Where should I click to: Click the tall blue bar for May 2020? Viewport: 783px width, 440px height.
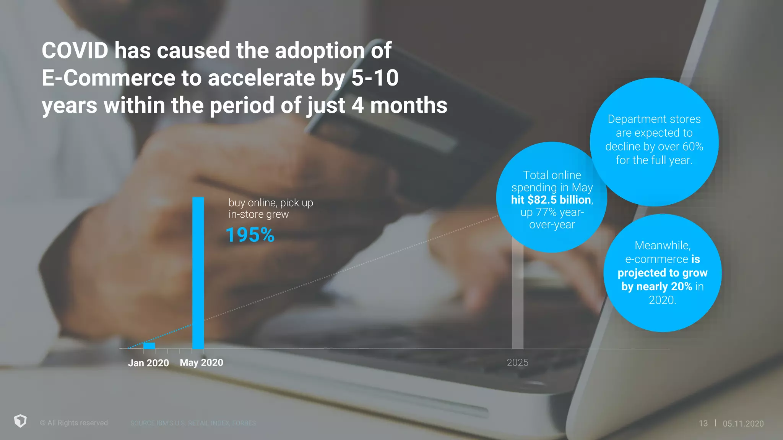tap(198, 273)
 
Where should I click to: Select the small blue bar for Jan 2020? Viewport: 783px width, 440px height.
tap(149, 346)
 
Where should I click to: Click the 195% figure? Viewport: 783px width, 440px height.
tap(250, 235)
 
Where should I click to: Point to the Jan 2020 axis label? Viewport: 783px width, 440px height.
tap(148, 363)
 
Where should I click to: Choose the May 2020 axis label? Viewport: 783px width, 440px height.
tap(201, 362)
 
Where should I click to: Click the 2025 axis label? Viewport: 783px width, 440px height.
tap(517, 362)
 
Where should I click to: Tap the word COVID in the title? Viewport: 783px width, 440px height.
tap(75, 50)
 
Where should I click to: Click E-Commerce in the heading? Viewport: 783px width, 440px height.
tap(108, 78)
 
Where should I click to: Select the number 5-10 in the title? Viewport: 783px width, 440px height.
tap(375, 78)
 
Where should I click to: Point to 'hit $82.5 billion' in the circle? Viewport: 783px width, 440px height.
tap(552, 200)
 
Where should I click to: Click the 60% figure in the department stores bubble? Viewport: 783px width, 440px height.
tap(693, 146)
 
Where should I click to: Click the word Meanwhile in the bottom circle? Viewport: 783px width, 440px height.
tap(662, 245)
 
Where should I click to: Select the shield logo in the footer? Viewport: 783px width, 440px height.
tap(20, 421)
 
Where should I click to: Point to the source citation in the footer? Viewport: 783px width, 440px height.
tap(193, 423)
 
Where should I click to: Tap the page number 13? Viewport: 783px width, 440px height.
tap(703, 423)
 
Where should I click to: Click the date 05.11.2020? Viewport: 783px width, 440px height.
tap(743, 424)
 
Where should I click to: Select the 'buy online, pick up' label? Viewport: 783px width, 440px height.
tap(271, 202)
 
